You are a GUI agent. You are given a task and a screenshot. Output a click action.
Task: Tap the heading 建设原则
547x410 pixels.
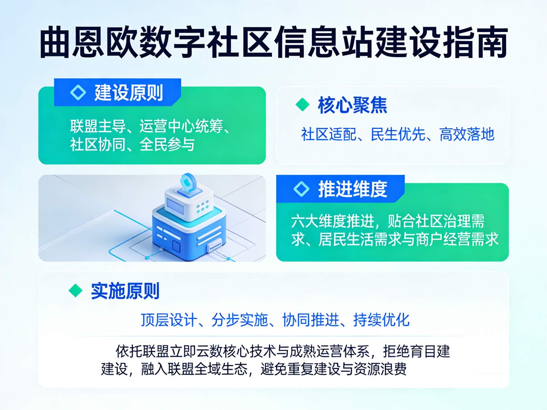pyautogui.click(x=129, y=93)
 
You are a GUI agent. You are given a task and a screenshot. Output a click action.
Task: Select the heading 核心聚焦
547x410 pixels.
pyautogui.click(x=353, y=105)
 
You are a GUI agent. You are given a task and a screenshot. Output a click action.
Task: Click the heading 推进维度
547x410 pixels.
pyautogui.click(x=353, y=189)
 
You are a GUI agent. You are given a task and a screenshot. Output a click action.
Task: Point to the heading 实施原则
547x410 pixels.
pyautogui.click(x=125, y=291)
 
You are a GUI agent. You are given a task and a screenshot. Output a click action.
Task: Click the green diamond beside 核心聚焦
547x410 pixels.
pyautogui.click(x=302, y=105)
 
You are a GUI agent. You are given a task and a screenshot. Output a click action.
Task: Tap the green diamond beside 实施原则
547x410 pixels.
pyautogui.click(x=75, y=290)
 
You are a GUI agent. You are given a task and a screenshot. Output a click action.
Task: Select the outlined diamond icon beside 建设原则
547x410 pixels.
pyautogui.click(x=78, y=92)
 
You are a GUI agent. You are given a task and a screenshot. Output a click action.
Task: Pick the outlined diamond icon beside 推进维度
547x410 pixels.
pyautogui.click(x=302, y=189)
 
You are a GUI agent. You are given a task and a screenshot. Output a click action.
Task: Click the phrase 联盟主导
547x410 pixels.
pyautogui.click(x=98, y=126)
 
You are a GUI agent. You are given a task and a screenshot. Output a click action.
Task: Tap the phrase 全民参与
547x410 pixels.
pyautogui.click(x=167, y=145)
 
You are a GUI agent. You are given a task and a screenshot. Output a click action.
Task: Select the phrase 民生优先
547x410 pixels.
pyautogui.click(x=398, y=134)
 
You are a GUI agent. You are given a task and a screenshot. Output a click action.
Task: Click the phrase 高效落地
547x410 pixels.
pyautogui.click(x=467, y=134)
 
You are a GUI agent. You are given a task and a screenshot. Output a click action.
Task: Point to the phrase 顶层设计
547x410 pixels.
pyautogui.click(x=169, y=320)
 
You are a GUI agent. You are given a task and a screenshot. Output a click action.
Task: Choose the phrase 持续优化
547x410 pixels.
pyautogui.click(x=381, y=320)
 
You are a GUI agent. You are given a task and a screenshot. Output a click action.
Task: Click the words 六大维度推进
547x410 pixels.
pyautogui.click(x=333, y=221)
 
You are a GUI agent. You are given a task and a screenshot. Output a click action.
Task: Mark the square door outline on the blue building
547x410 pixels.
pyautogui.click(x=176, y=246)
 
